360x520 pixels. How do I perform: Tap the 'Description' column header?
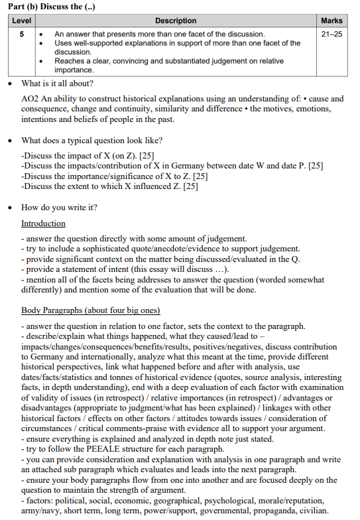175,21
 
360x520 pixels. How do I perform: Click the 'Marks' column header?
331,21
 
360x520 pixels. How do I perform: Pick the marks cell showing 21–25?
331,33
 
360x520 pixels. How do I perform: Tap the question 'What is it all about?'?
57,84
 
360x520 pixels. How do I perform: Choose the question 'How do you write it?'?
59,208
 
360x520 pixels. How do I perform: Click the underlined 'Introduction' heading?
43,224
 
